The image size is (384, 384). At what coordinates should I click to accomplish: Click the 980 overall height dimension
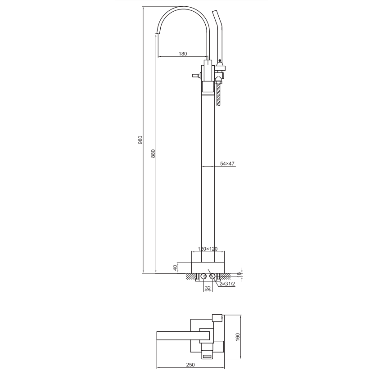[x=140, y=140]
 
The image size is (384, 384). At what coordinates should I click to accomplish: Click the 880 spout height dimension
[x=154, y=154]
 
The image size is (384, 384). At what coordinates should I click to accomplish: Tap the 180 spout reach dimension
[x=183, y=54]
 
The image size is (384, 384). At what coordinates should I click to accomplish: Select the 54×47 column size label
[x=227, y=163]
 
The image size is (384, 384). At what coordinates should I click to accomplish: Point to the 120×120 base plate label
[x=208, y=249]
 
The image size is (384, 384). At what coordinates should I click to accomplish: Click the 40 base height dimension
[x=175, y=268]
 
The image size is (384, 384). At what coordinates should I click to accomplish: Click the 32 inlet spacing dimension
[x=208, y=288]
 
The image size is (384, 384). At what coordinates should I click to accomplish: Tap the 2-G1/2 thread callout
[x=227, y=284]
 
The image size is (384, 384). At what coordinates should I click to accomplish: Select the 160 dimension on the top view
[x=238, y=337]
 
